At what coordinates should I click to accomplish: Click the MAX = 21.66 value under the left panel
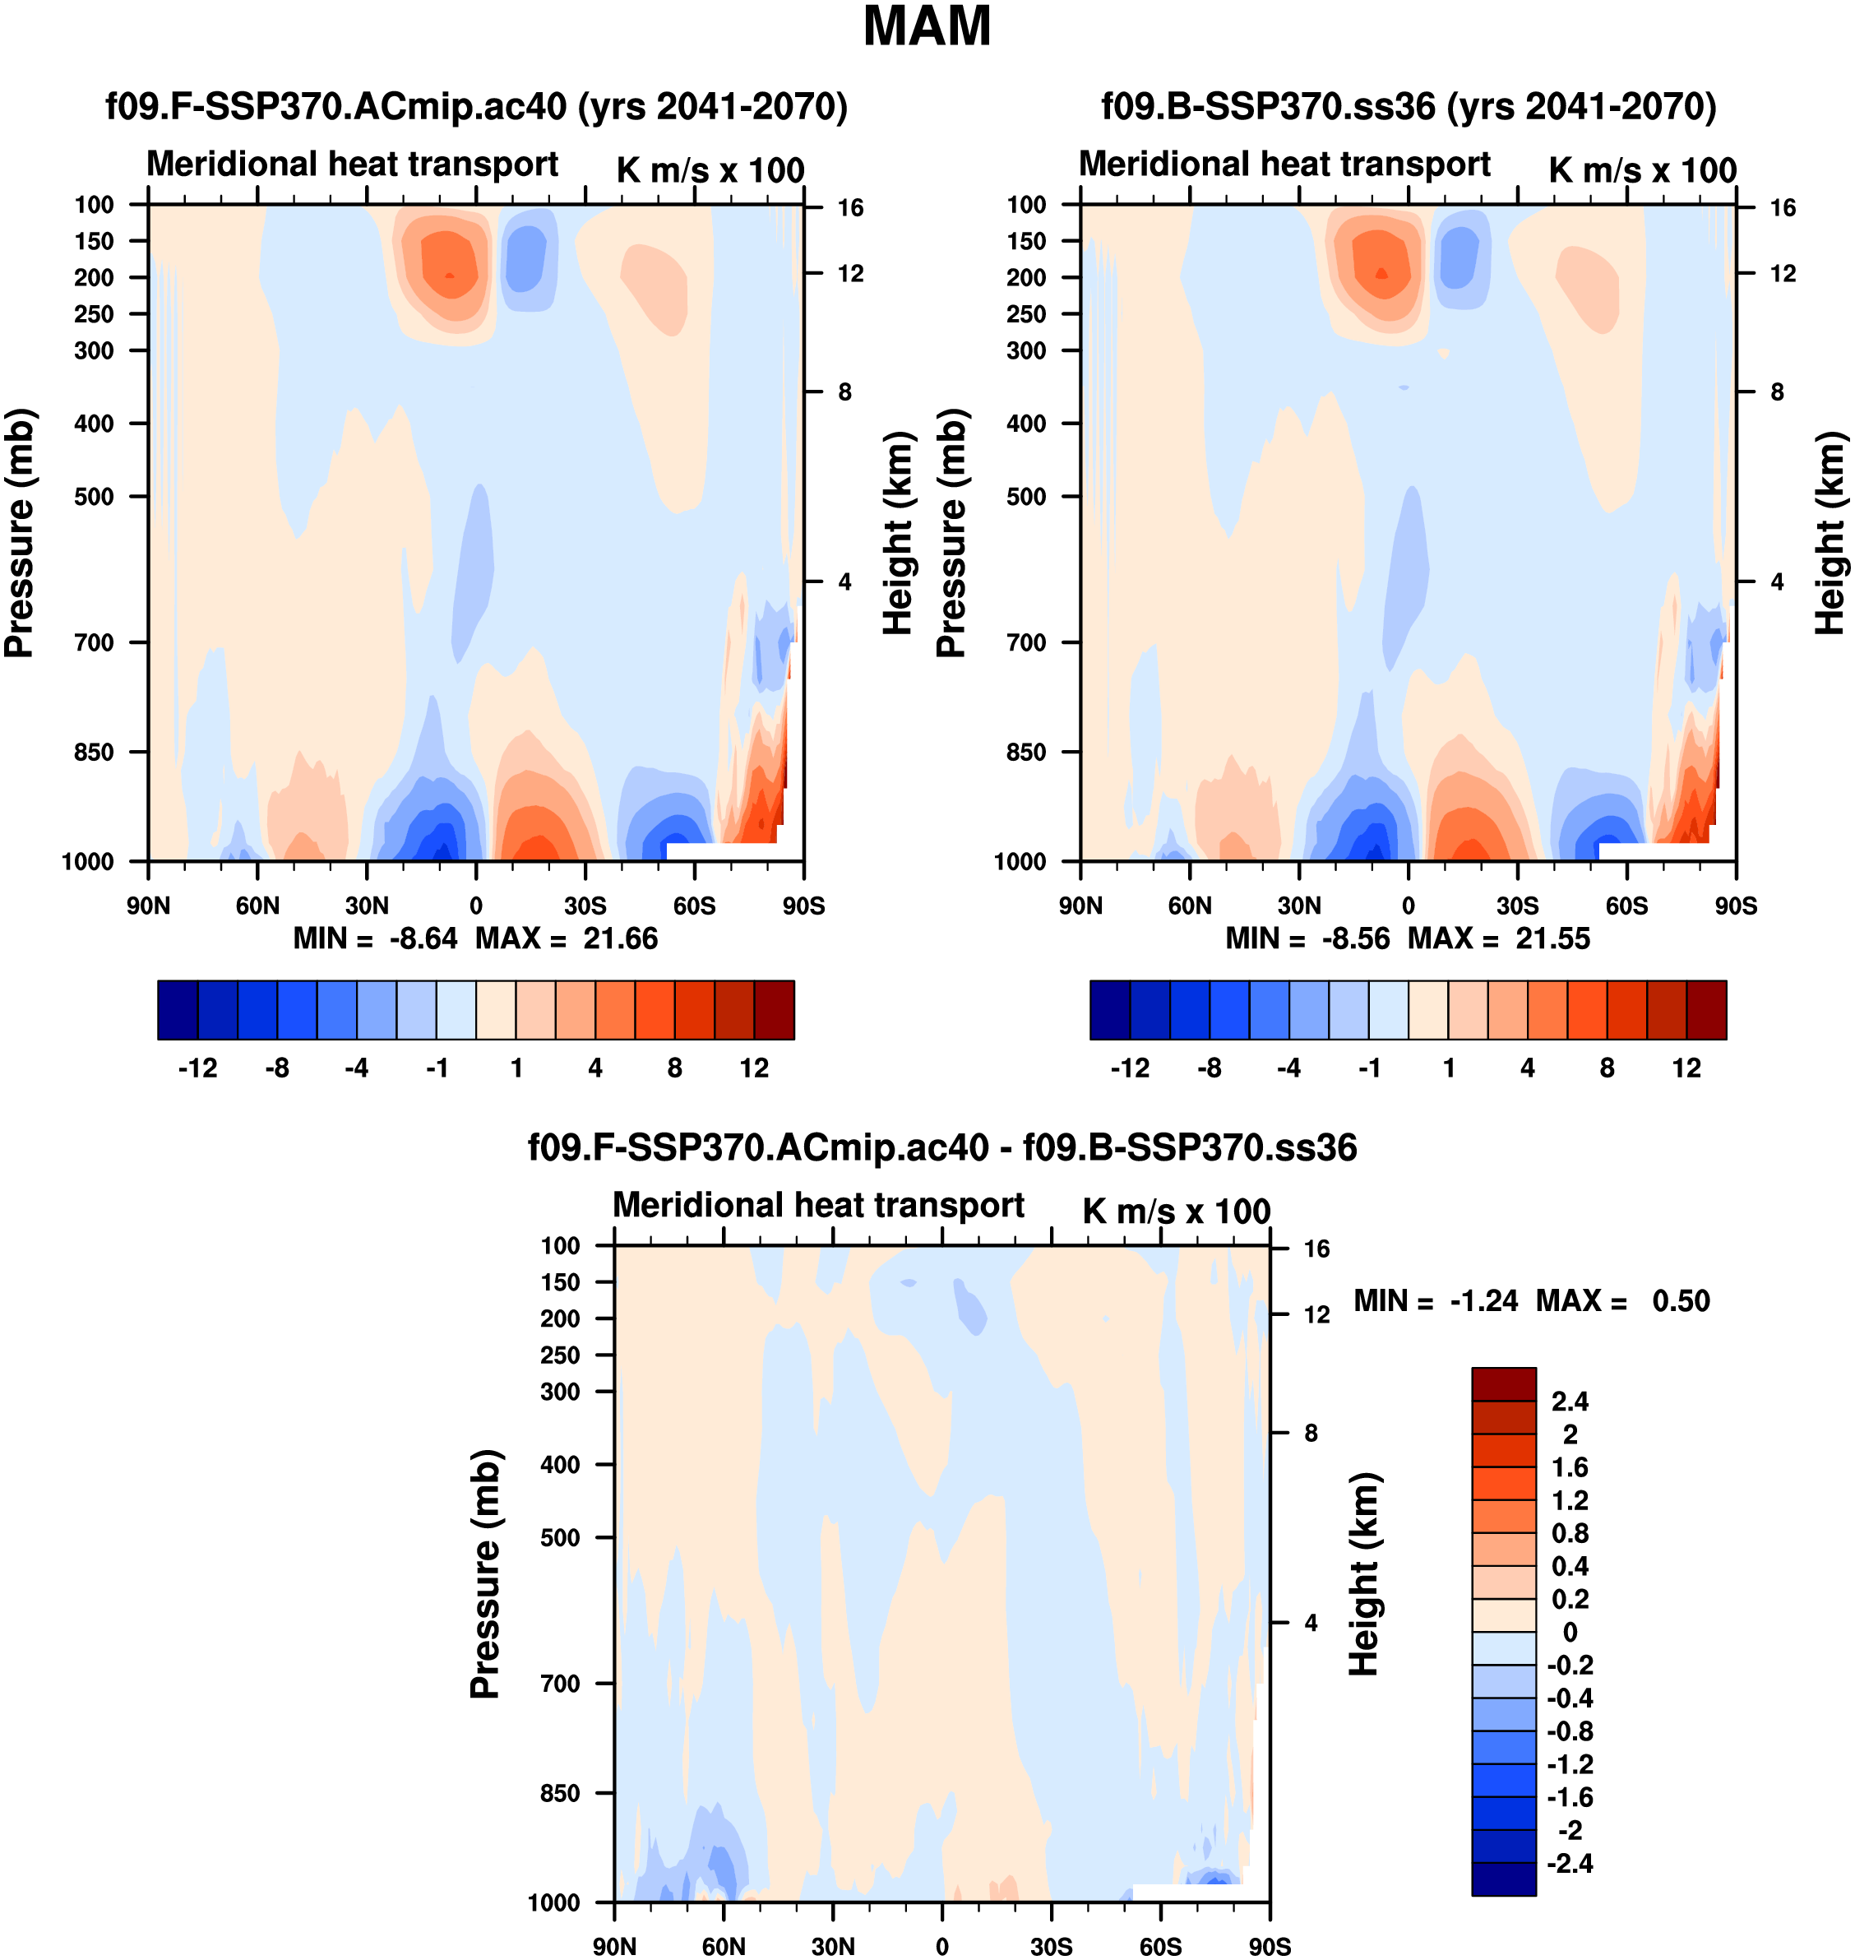coord(567,938)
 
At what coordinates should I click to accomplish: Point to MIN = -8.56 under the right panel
coord(1307,938)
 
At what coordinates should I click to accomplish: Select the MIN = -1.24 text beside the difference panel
coord(1435,1300)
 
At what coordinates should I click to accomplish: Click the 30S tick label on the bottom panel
coord(1051,1946)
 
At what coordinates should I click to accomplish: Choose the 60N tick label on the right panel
coord(1190,906)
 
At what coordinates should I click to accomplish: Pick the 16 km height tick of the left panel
coord(850,207)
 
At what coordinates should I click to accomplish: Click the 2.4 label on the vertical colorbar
coord(1571,1402)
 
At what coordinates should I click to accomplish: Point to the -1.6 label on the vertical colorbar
coord(1571,1797)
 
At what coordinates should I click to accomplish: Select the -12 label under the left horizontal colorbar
coord(198,1068)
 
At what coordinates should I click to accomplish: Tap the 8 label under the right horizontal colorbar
coord(1607,1068)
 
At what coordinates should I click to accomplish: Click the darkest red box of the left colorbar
coord(775,1010)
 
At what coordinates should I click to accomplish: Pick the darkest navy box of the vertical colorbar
coord(1503,1879)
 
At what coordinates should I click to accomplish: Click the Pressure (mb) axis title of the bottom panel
coord(485,1574)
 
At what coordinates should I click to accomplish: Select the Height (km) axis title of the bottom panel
coord(1365,1574)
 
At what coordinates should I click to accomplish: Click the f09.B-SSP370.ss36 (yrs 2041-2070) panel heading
coord(1408,106)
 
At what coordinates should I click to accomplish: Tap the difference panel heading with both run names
coord(941,1147)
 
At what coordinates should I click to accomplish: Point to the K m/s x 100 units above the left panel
coord(710,170)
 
